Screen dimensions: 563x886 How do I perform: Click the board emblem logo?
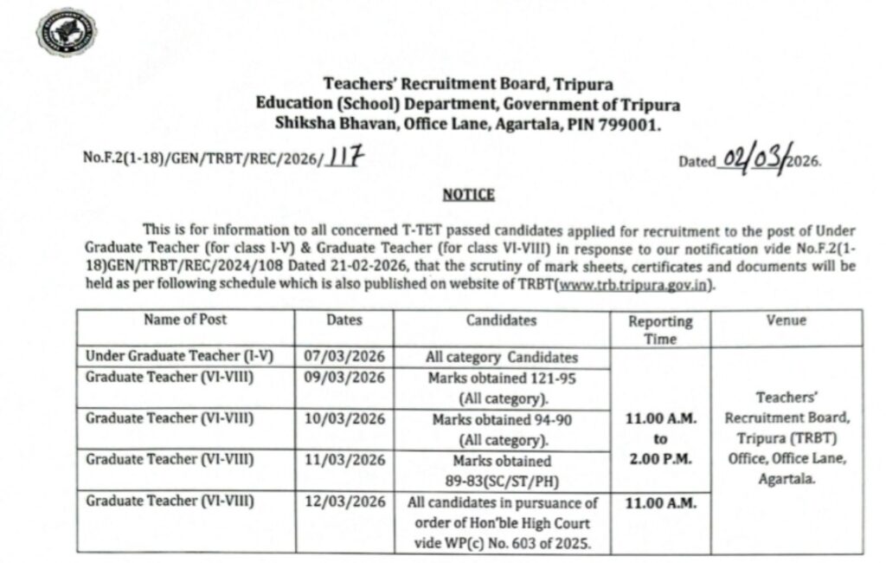[66, 32]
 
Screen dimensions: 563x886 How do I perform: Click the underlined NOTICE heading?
[468, 195]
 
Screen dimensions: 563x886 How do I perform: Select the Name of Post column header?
[185, 320]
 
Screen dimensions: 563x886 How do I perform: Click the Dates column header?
[344, 320]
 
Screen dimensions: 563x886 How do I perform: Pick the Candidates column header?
[501, 320]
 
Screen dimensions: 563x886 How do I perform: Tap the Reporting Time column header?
[660, 330]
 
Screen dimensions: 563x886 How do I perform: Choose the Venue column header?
[786, 320]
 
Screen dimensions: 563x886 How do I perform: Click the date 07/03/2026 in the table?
[344, 356]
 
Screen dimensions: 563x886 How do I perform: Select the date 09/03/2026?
[344, 377]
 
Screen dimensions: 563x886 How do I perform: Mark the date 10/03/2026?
[344, 418]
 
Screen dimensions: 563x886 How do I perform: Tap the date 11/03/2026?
[344, 460]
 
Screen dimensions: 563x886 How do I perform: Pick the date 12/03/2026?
[344, 502]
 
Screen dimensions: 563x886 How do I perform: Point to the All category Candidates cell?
[501, 357]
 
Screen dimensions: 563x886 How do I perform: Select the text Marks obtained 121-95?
[501, 379]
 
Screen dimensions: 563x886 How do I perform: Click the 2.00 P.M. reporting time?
[660, 460]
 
